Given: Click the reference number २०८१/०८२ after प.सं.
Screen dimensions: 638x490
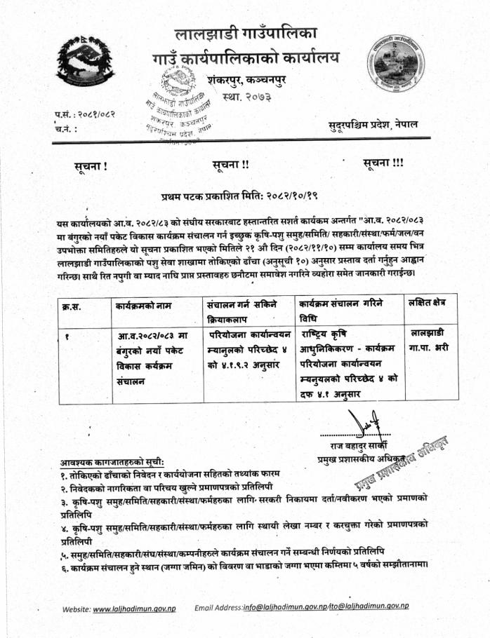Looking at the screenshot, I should pyautogui.click(x=95, y=114).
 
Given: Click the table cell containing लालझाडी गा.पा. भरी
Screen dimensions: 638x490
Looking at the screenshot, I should pyautogui.click(x=430, y=339).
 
